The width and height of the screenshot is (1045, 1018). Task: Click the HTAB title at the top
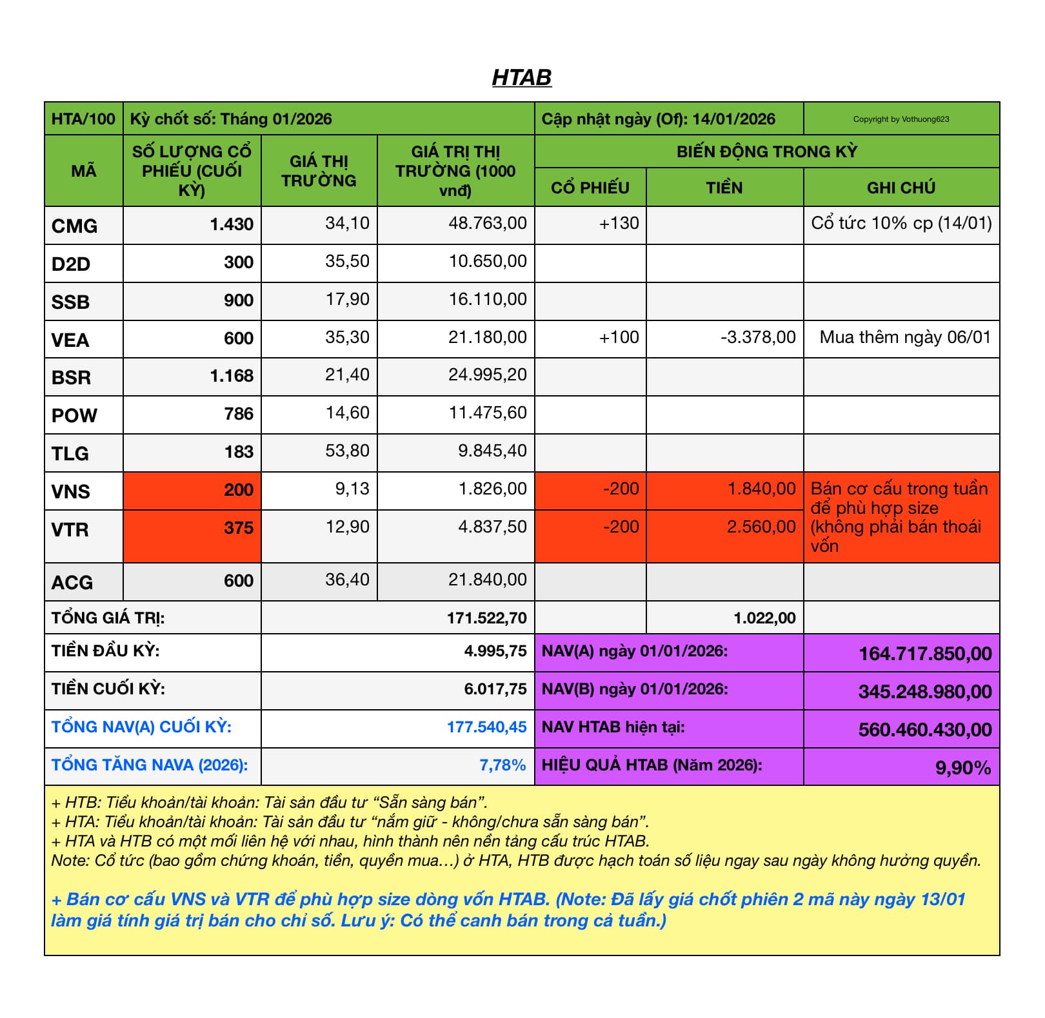[x=521, y=77]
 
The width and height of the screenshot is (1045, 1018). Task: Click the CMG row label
[x=74, y=226]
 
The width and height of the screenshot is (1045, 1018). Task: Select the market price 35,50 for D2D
[x=347, y=261]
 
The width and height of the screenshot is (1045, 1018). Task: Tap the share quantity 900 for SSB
[x=238, y=300]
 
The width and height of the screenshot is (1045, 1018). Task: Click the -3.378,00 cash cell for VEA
[x=758, y=337]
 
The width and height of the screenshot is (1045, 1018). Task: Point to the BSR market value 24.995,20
[x=487, y=375]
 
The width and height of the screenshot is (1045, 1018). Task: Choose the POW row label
[x=74, y=415]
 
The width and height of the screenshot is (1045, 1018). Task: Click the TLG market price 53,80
[x=347, y=451]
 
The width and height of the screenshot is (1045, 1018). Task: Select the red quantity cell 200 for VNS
[x=238, y=490]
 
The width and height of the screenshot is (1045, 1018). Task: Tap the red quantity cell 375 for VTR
[x=238, y=528]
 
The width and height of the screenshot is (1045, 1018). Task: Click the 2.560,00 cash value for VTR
[x=761, y=527]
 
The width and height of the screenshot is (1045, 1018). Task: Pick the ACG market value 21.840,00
[x=487, y=580]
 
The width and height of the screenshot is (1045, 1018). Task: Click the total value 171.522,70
[x=486, y=618]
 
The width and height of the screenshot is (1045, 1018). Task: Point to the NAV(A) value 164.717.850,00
[x=924, y=654]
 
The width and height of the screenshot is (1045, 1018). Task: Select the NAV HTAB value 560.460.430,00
[x=924, y=730]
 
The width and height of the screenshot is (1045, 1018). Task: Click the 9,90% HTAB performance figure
[x=962, y=768]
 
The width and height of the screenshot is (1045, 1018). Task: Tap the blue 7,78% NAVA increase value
[x=502, y=765]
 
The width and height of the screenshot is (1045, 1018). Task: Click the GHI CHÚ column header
[x=901, y=188]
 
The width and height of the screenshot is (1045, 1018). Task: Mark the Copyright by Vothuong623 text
[x=901, y=119]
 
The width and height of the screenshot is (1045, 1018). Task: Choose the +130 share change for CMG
[x=619, y=224]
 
